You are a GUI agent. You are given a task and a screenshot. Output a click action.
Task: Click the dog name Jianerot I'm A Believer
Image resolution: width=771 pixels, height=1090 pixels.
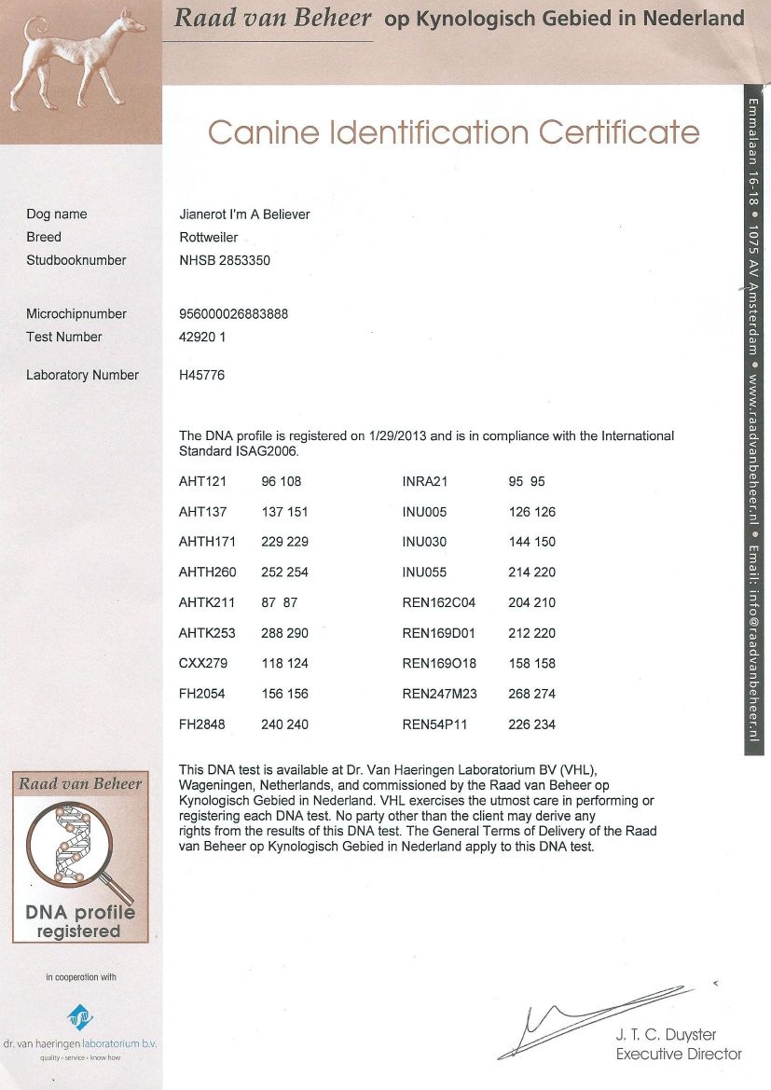click(244, 214)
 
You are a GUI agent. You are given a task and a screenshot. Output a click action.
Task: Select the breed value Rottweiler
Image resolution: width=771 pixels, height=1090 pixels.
click(208, 238)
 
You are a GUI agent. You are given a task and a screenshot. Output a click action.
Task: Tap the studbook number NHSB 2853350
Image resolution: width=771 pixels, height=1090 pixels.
click(225, 261)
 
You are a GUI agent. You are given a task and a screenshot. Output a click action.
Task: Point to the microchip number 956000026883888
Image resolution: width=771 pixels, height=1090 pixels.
click(233, 314)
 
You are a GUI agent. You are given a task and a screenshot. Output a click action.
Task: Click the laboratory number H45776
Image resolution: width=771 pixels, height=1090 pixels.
click(201, 376)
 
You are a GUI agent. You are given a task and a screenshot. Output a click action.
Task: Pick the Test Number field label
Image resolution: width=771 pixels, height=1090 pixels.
click(64, 338)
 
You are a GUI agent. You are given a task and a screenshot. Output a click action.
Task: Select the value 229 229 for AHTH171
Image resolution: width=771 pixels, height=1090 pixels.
click(284, 543)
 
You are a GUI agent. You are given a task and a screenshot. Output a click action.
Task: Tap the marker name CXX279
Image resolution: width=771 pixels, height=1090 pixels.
click(202, 664)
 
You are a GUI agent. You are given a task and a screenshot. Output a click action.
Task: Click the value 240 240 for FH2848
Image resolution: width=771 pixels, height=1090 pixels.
click(284, 724)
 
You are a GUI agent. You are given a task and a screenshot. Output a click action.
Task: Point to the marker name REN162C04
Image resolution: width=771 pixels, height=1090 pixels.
click(439, 603)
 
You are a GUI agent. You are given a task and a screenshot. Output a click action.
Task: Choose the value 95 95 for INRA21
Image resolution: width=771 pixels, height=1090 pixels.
click(527, 482)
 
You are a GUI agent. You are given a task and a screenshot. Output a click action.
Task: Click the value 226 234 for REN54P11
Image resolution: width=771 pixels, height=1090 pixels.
click(531, 724)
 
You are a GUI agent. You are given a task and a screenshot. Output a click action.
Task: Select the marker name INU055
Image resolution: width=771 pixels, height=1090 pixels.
click(424, 573)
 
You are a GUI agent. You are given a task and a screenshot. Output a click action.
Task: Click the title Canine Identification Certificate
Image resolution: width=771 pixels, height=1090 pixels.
click(453, 132)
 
